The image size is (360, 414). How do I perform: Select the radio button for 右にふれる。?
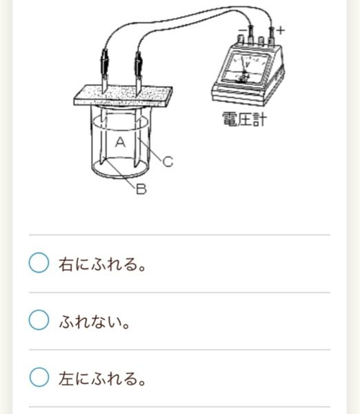pos(39,262)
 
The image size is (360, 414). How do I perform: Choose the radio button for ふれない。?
pos(39,319)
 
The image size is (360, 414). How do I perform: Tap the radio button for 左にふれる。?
pos(39,377)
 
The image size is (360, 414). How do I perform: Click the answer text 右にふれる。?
pos(102,264)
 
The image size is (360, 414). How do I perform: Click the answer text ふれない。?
pos(94,322)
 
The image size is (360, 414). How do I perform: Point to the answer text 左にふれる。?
pos(102,378)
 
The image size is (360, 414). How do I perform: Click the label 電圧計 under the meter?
pos(244,119)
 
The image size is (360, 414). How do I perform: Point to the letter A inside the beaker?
pos(121,142)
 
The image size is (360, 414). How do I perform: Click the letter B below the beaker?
pos(141,189)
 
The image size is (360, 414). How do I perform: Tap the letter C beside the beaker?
pos(168,161)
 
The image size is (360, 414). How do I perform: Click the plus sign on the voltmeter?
pos(280,30)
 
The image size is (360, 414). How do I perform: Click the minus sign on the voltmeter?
pos(242,30)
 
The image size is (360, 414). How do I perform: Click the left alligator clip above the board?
pos(105,64)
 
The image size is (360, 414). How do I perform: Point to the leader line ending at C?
pos(150,150)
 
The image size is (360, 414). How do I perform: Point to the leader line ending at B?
pos(121,173)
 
